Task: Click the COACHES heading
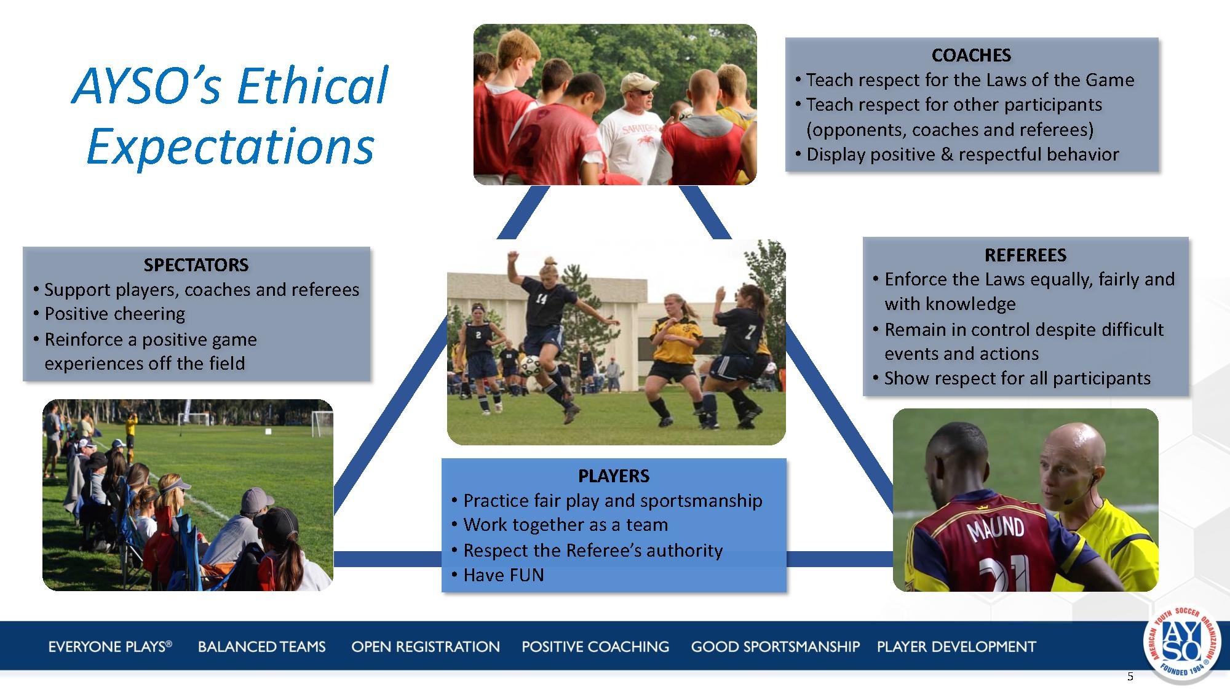pos(971,55)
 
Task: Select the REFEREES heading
pos(1025,255)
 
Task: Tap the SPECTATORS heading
pos(196,265)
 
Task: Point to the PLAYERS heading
pos(613,475)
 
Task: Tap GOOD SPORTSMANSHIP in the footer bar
pos(775,646)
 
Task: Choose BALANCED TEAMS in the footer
pos(261,646)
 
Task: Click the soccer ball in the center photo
pos(530,367)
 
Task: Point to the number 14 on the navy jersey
pos(541,300)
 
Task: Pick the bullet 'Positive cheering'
pos(114,314)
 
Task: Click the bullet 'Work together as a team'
pos(565,525)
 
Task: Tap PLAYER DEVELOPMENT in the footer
pos(956,646)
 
